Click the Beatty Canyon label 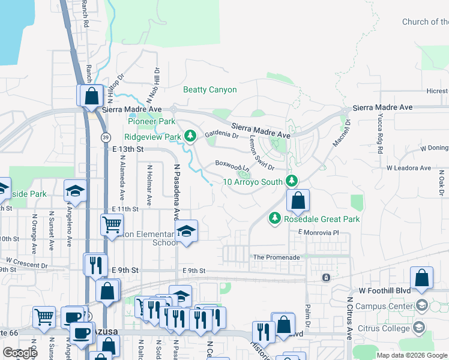[x=209, y=90]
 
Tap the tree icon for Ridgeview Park [x=190, y=137]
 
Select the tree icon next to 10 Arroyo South [x=292, y=181]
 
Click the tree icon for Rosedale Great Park [x=275, y=219]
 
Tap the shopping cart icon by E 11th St [x=112, y=226]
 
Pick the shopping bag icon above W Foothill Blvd [x=422, y=278]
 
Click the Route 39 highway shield [x=106, y=137]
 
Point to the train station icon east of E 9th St [x=326, y=277]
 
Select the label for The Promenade [x=276, y=257]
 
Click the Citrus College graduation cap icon [x=419, y=328]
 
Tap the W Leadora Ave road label [x=408, y=168]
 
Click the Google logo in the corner [x=20, y=353]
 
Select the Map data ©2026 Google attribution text [x=411, y=355]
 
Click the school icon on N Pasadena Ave [x=186, y=232]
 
